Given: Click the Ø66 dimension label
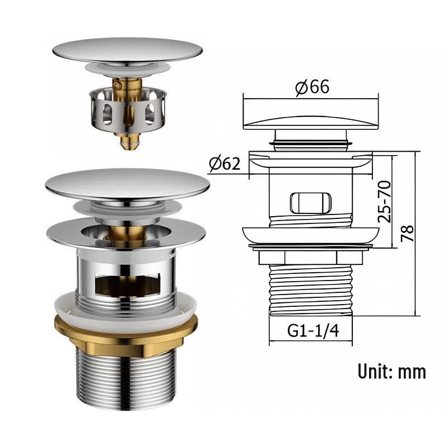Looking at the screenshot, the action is click(312, 87).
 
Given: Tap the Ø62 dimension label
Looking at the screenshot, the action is click(225, 164).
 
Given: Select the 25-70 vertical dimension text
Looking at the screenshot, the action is click(384, 202).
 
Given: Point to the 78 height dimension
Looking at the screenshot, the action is click(407, 234).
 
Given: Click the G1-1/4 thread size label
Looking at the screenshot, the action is click(313, 331).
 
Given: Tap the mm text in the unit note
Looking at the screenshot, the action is click(412, 373).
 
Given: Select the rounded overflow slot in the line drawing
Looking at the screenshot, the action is click(311, 203).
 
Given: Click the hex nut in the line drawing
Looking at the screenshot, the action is click(311, 258).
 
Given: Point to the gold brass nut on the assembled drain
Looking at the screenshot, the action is click(126, 334).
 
